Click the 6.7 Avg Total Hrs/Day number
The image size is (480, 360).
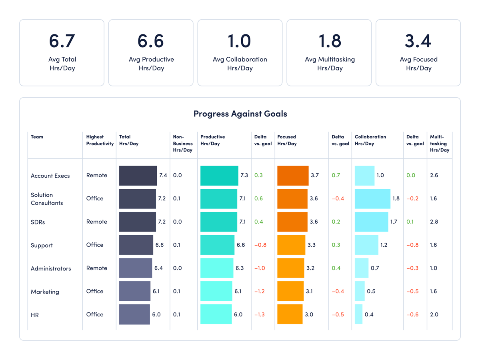pos(62,41)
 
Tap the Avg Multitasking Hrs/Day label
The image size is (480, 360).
pos(330,64)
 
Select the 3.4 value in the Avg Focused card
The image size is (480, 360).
pos(418,41)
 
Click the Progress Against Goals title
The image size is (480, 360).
pos(240,114)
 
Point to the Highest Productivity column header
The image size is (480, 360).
pos(100,140)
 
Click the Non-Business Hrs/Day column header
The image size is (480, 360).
pos(182,143)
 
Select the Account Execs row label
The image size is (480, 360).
pos(50,176)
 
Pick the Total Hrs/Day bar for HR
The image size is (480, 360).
pos(134,314)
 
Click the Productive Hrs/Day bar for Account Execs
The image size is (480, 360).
pos(219,176)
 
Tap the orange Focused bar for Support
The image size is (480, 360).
pos(291,245)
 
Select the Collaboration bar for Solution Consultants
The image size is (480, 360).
pos(372,199)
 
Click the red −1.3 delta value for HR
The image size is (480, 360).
pos(259,314)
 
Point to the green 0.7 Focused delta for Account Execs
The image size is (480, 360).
pos(336,175)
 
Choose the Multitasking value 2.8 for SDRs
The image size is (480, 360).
pos(434,222)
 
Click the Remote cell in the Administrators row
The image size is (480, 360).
pos(96,268)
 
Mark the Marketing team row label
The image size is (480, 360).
pos(45,292)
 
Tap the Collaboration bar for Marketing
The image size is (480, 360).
pos(360,291)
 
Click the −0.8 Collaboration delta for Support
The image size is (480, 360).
pos(412,245)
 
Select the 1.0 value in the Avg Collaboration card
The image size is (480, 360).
pos(240,41)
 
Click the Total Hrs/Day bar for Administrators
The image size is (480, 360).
pos(135,268)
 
